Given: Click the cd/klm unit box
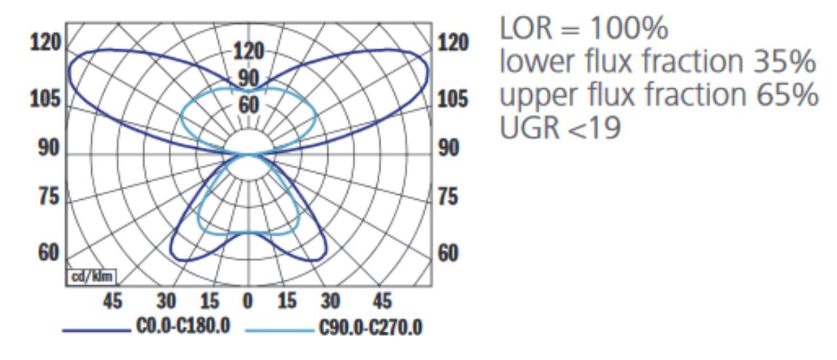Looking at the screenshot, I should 93,277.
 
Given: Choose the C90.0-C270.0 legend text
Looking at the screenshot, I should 370,329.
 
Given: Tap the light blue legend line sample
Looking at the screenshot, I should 278,330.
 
